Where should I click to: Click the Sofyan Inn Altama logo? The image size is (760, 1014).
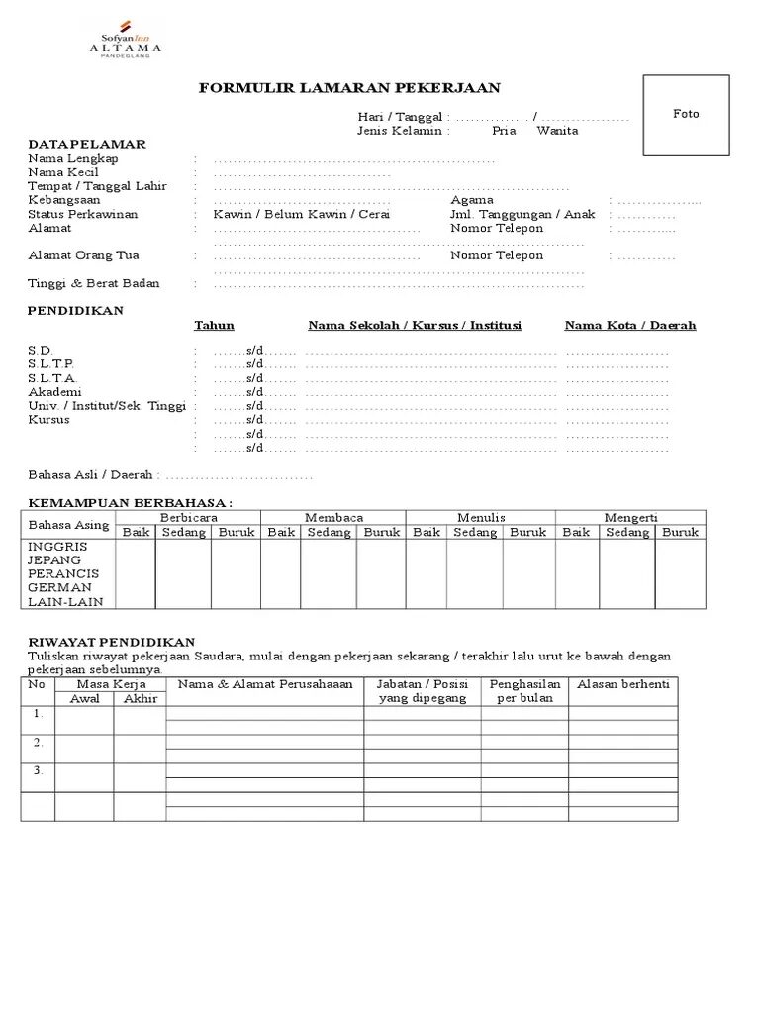(126, 39)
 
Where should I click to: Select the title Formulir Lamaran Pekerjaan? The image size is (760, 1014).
(349, 88)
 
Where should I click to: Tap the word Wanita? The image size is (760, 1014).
(557, 131)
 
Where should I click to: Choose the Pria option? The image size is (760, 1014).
(505, 131)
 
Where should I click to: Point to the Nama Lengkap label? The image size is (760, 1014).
(73, 158)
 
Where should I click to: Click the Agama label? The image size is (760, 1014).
(472, 200)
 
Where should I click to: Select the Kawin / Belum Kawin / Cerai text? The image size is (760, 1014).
(301, 214)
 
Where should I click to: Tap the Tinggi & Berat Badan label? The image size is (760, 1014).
(94, 284)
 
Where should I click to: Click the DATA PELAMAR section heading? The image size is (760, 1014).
(87, 145)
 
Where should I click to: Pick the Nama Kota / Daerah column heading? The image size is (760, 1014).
(630, 326)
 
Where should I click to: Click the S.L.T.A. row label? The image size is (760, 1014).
(52, 378)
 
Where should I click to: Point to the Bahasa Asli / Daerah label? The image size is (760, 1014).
(94, 476)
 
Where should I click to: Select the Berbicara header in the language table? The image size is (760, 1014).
(188, 518)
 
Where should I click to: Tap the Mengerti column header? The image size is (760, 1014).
(630, 518)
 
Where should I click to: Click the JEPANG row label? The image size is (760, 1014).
(56, 560)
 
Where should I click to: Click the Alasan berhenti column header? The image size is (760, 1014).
(622, 685)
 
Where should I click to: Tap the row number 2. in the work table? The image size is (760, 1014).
(38, 743)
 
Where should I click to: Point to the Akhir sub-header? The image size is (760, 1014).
(140, 699)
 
